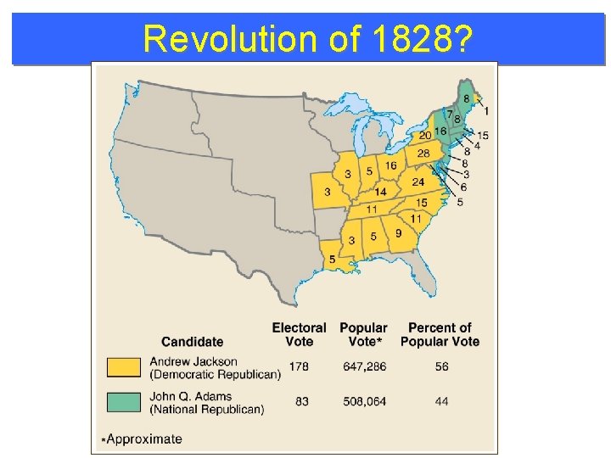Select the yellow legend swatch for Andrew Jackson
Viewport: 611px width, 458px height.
coord(123,367)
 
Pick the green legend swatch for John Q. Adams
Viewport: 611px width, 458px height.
coord(123,401)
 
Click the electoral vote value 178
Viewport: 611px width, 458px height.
coord(299,366)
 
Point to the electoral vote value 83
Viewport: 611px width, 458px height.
coord(301,400)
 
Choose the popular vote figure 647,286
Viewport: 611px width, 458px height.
coord(363,366)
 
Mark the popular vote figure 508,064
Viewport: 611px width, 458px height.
coord(363,400)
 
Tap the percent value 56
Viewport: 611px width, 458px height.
coord(440,366)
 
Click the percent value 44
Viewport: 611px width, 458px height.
coord(440,400)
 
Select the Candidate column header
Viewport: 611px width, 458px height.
coord(192,342)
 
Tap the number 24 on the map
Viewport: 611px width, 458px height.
coord(418,182)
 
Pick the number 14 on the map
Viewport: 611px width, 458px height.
coord(381,192)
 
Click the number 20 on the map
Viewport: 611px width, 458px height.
coord(425,136)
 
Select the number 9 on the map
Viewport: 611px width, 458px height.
coord(398,233)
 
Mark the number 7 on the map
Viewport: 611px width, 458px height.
coord(449,114)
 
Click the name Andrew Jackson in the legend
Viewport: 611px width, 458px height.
coord(199,361)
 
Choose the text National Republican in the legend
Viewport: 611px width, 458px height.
coord(208,410)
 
